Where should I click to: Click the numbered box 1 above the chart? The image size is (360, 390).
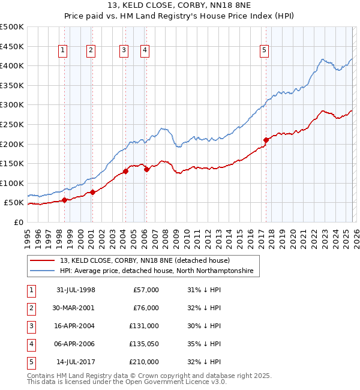[62, 51]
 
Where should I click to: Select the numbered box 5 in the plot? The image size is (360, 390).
[264, 51]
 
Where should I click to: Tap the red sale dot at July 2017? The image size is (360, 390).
[266, 140]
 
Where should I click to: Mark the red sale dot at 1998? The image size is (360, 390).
[64, 200]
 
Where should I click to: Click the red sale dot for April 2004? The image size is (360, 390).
[125, 171]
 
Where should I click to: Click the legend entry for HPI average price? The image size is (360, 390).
[157, 271]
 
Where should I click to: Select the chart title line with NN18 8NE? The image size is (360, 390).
[179, 7]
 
